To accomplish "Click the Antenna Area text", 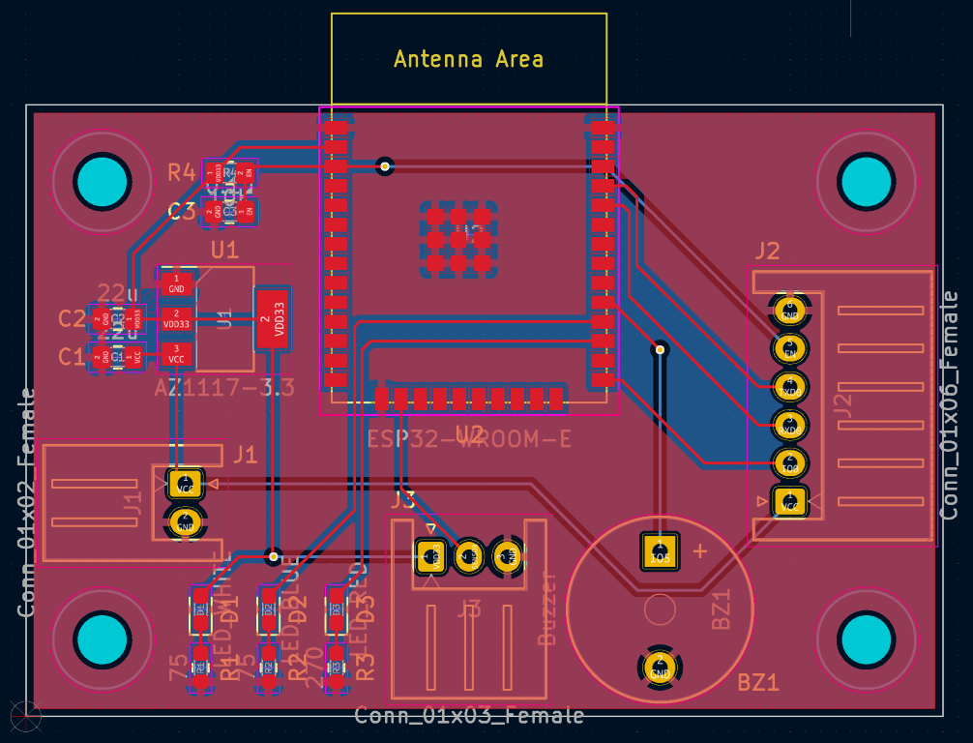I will (468, 59).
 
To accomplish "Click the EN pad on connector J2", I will (789, 348).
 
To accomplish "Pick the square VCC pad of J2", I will (789, 501).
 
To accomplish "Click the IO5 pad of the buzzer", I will (661, 552).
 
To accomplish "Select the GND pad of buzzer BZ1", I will (661, 668).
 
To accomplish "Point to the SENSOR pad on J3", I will (468, 555).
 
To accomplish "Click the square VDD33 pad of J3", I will (429, 555).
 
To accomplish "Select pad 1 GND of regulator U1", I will (176, 283).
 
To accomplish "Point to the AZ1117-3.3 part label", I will (224, 388).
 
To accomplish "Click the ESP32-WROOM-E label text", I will (469, 438).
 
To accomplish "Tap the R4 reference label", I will (182, 173).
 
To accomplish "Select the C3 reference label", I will (182, 211).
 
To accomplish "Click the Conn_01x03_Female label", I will (469, 716).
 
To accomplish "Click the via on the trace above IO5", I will (660, 348).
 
